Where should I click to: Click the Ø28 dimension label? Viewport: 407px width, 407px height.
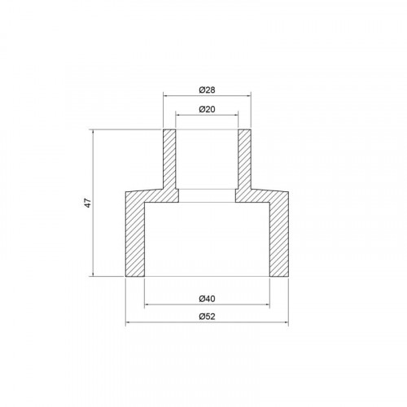(207, 90)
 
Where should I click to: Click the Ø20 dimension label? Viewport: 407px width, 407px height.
(207, 109)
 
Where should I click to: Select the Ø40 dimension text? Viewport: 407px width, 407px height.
(207, 299)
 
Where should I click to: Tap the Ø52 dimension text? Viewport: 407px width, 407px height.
(207, 317)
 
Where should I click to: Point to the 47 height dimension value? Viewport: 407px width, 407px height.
(88, 203)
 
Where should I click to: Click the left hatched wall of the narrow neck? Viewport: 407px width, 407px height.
(169, 160)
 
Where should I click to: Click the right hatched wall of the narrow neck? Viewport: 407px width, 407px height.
(244, 160)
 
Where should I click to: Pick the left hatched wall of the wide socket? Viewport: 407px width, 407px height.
(135, 239)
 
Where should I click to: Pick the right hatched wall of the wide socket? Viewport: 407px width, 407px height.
(279, 239)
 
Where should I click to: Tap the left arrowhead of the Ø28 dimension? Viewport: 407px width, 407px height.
(165, 95)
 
